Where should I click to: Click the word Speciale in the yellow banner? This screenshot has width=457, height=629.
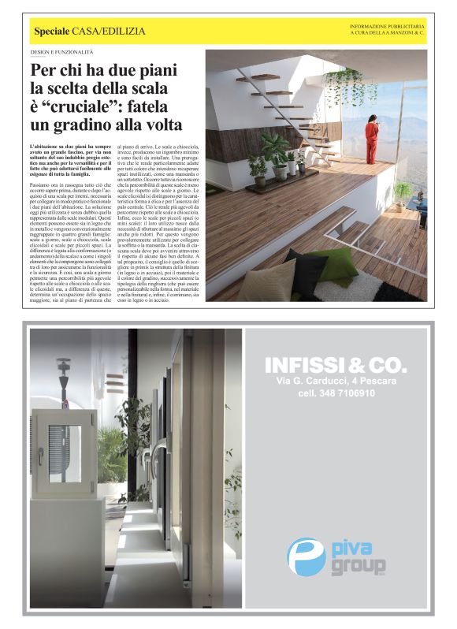pyautogui.click(x=52, y=31)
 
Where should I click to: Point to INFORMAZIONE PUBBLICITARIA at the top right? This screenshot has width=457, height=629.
pyautogui.click(x=388, y=27)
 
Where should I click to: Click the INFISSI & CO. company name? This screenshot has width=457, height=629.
pyautogui.click(x=336, y=365)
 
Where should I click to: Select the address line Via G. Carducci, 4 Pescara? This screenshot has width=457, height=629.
pyautogui.click(x=336, y=381)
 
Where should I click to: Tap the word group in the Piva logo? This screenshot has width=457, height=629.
pyautogui.click(x=359, y=565)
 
